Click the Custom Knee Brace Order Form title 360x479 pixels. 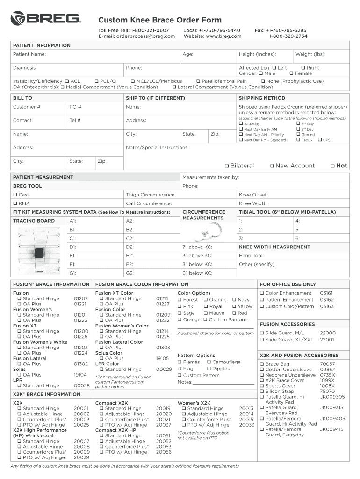[159, 20]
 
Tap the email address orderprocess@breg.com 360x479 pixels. [133, 36]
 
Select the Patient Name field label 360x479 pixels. [29, 55]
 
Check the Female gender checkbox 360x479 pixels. [291, 74]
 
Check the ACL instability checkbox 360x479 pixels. [67, 81]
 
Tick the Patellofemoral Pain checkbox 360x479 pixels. [198, 81]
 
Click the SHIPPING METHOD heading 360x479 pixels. [262, 98]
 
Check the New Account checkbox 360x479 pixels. [272, 166]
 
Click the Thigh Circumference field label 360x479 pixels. [151, 195]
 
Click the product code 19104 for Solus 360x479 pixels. [80, 375]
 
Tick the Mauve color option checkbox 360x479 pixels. [205, 313]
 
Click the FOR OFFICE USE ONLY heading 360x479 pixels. [288, 284]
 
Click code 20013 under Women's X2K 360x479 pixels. [246, 408]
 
